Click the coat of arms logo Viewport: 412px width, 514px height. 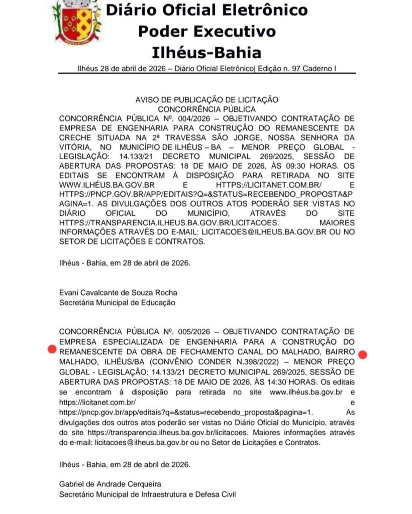click(76, 22)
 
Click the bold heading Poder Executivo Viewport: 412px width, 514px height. click(207, 31)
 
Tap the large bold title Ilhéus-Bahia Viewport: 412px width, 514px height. click(207, 52)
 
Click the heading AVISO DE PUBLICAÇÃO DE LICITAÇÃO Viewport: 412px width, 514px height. click(207, 100)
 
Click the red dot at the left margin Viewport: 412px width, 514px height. click(51, 349)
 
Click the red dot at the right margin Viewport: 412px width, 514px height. click(363, 355)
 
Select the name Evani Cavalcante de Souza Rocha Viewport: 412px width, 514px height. click(118, 293)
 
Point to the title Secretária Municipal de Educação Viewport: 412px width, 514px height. click(117, 303)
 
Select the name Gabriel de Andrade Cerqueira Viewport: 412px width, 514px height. click(110, 484)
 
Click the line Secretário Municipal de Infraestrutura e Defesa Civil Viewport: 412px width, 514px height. click(147, 494)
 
